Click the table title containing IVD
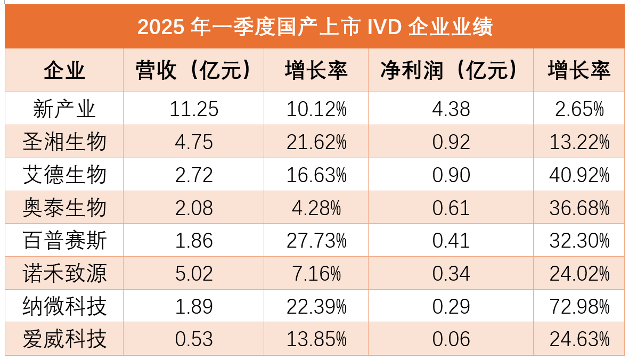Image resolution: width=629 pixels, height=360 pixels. tap(315, 27)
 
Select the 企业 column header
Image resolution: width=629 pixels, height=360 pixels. tap(64, 70)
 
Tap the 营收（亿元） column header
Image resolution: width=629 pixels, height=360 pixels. tap(193, 70)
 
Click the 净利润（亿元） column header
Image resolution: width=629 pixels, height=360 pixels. tap(450, 70)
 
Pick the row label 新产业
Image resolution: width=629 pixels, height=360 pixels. tap(64, 109)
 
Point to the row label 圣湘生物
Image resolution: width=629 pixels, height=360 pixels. tap(64, 142)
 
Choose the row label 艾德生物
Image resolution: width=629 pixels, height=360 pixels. tap(64, 175)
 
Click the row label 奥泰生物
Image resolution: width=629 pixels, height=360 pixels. tap(64, 208)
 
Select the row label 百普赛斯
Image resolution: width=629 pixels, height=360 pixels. tap(64, 241)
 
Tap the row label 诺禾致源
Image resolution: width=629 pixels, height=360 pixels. tap(64, 274)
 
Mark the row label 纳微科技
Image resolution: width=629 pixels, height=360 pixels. tap(64, 306)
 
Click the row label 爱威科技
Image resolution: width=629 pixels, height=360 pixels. tap(64, 339)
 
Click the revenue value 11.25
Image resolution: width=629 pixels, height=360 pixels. tap(194, 109)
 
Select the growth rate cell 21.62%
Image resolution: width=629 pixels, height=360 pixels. tap(316, 142)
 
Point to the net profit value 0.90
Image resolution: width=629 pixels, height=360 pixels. tap(451, 175)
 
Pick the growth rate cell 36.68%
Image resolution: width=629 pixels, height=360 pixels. tap(579, 208)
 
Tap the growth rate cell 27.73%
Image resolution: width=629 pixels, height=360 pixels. tap(316, 241)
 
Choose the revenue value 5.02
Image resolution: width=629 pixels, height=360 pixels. tap(194, 274)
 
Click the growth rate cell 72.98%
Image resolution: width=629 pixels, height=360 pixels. tap(579, 306)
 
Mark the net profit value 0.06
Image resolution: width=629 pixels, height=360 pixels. tap(451, 339)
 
